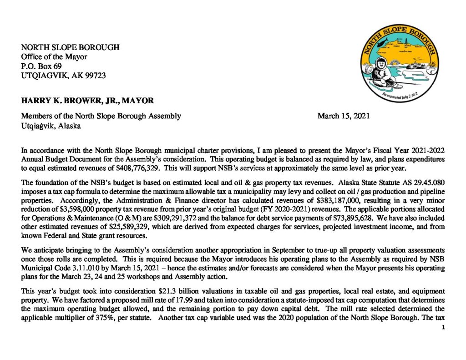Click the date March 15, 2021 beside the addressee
coord(343,116)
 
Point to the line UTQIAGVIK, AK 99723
coord(63,75)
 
